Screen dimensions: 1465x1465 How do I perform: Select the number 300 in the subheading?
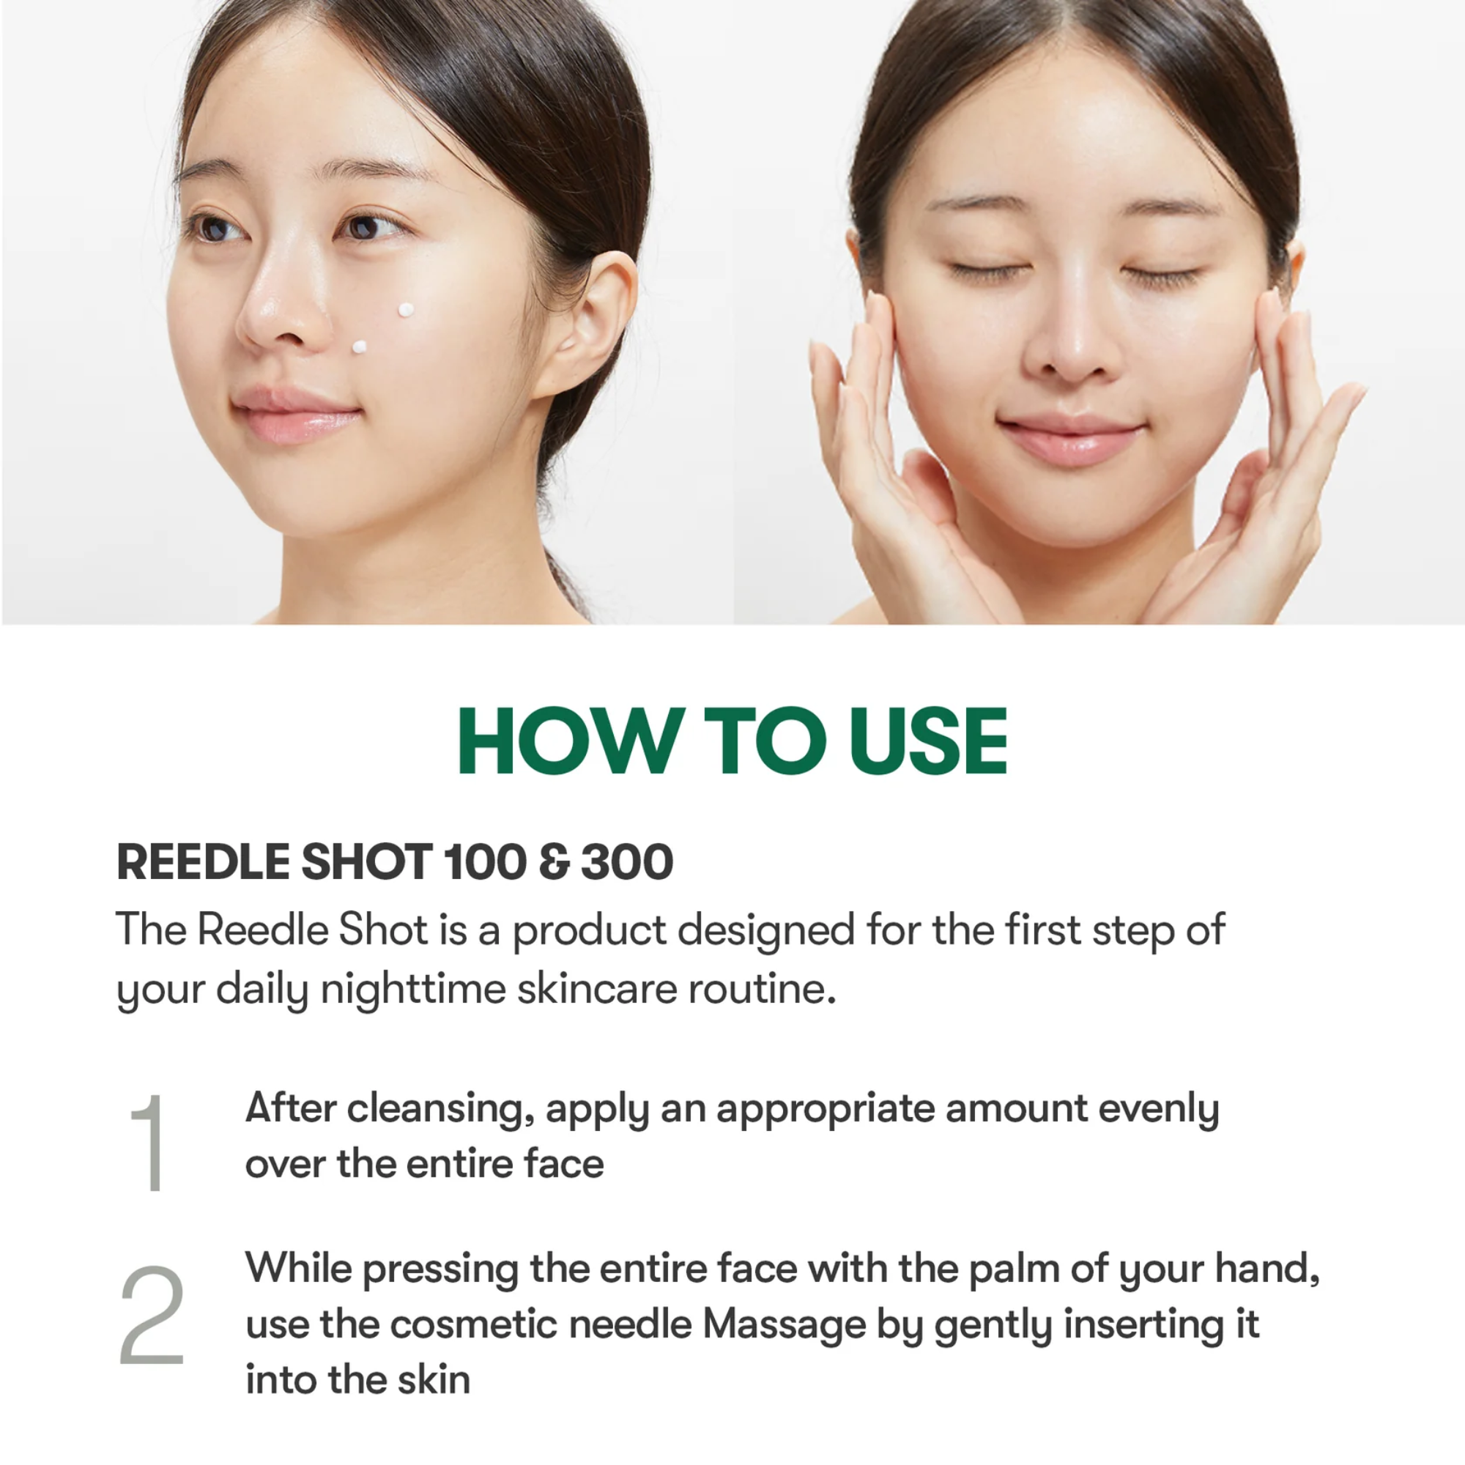[x=626, y=862]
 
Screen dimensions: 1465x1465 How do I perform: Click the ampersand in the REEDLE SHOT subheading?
[x=556, y=863]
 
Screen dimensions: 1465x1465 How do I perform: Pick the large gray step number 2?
[x=152, y=1315]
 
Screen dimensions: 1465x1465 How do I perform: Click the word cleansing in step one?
[x=435, y=1108]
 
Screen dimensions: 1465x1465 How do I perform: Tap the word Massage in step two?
[x=784, y=1324]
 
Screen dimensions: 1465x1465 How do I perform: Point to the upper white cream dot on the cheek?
[x=407, y=309]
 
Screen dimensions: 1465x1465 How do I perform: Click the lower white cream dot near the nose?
[x=360, y=347]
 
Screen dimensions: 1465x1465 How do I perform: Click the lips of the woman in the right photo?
[x=1070, y=439]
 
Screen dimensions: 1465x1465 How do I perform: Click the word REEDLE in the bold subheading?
[x=202, y=862]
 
